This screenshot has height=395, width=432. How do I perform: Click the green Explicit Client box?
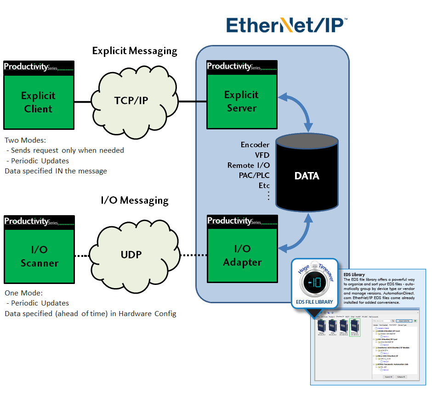point(39,102)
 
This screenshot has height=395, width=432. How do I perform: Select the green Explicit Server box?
point(241,101)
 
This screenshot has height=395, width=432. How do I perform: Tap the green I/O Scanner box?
point(39,256)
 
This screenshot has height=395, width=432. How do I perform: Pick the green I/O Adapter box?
point(242,256)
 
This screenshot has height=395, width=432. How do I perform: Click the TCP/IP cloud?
point(131,100)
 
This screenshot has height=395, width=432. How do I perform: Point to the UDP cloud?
point(131,254)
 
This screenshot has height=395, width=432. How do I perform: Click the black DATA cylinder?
point(307,176)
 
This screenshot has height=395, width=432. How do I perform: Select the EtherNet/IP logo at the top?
point(286,25)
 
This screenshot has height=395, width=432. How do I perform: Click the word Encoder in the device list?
point(255,145)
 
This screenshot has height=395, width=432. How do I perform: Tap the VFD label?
point(262,155)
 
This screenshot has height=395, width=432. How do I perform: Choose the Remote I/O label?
point(249,165)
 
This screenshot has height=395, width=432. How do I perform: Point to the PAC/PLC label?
point(254,175)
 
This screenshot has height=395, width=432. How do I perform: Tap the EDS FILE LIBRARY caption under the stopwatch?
point(314,302)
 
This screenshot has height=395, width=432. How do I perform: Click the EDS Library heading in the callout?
point(354,275)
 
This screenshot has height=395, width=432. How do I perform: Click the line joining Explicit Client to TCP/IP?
point(83,102)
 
